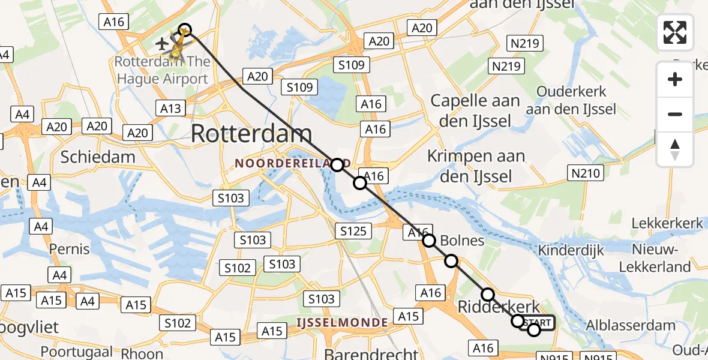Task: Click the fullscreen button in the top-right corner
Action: [x=675, y=32]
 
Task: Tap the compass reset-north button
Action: [x=675, y=149]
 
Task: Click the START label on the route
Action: [x=538, y=323]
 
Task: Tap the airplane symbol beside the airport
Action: [x=161, y=44]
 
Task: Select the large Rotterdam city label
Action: [x=251, y=134]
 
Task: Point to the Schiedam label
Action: [x=98, y=157]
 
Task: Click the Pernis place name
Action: [x=70, y=248]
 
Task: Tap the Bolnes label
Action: [x=462, y=241]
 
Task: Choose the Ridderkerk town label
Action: [x=499, y=307]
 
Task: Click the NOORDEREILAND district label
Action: [x=282, y=163]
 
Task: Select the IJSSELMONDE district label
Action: [x=342, y=323]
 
